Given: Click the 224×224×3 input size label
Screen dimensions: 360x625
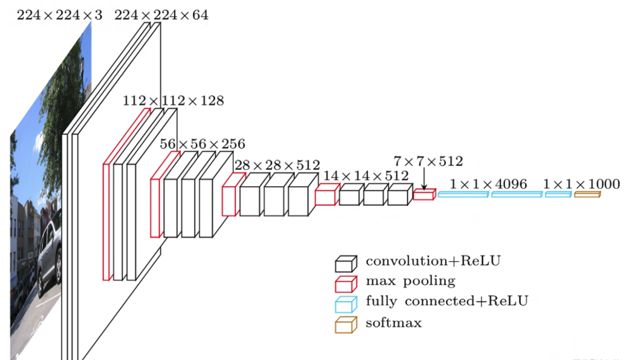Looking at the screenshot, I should coord(59,15).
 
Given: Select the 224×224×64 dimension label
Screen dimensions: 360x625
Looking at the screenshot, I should coord(161,15).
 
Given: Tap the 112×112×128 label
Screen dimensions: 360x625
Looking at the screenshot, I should coord(173,101).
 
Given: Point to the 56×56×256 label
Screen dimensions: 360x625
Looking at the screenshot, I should coord(202,144).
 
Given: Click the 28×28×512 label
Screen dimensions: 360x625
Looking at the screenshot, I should coord(277,166).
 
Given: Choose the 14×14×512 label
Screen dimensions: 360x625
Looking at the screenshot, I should coord(366,176).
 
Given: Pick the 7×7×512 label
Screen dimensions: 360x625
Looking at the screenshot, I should coord(428,162).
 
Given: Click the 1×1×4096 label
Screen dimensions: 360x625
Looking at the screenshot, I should coord(488,184).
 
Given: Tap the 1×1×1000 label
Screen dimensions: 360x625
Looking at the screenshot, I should coord(581,184).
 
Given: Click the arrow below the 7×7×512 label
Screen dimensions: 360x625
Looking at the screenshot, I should coord(424,179).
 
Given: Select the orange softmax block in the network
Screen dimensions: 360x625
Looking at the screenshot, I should coord(587,194).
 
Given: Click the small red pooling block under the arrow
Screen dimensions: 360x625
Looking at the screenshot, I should coord(424,195).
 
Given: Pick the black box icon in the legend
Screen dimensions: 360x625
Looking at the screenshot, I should coord(345,264).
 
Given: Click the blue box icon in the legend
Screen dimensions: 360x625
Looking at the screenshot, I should coord(345,305).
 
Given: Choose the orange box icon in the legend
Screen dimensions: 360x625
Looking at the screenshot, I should coord(345,325).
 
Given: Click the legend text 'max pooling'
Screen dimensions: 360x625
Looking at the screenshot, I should coord(410,281).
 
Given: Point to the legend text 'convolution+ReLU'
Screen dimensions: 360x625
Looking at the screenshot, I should coord(433,261).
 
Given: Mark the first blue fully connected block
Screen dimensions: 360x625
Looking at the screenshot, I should coord(463,194).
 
